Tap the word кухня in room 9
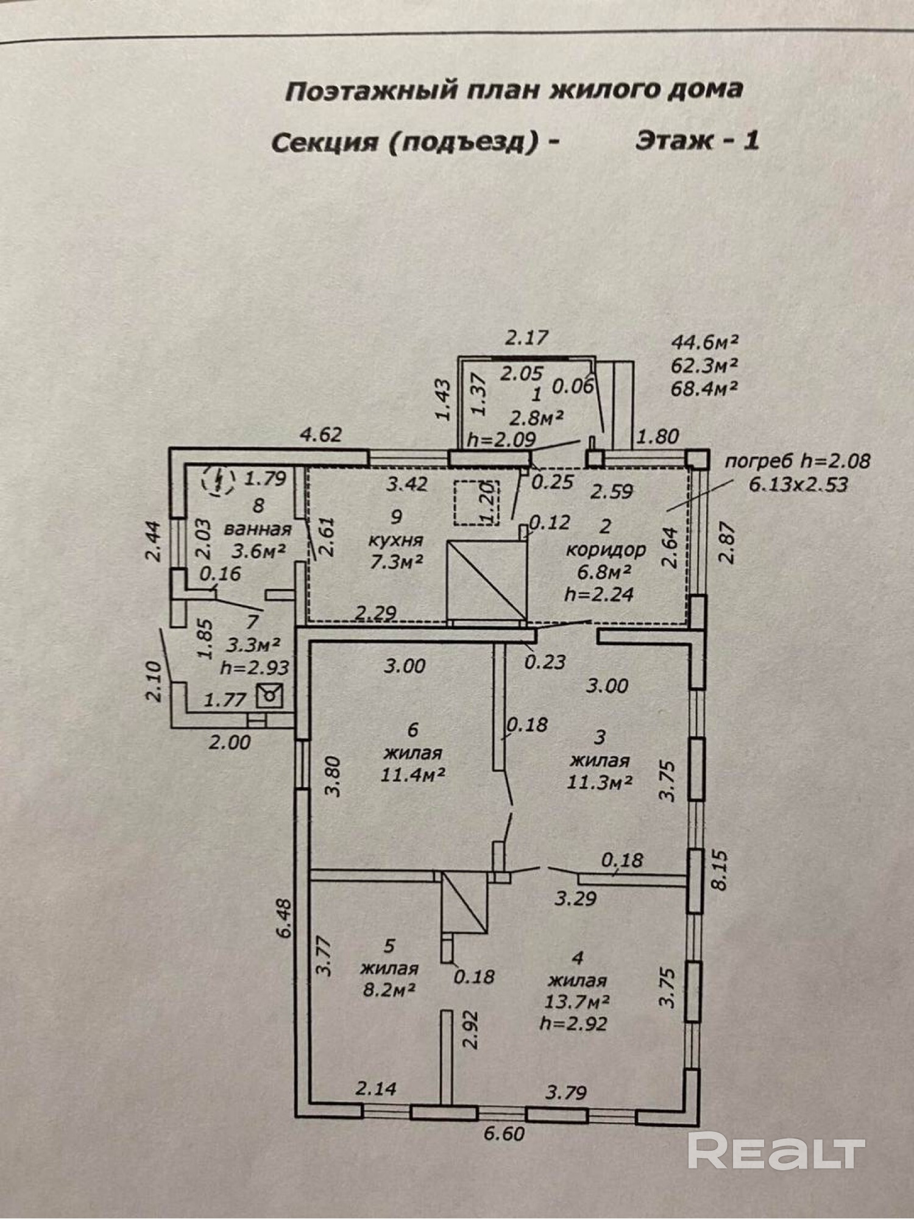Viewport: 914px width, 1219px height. pyautogui.click(x=396, y=540)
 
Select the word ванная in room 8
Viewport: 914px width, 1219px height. pyautogui.click(x=257, y=528)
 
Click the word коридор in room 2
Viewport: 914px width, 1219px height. pyautogui.click(x=606, y=549)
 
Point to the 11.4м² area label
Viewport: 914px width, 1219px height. pyautogui.click(x=412, y=775)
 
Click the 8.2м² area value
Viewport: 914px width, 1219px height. pyautogui.click(x=389, y=989)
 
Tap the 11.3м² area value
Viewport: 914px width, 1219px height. pyautogui.click(x=599, y=782)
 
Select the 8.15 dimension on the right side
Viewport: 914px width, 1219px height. pyautogui.click(x=720, y=871)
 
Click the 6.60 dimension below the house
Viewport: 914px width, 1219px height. pyautogui.click(x=504, y=1134)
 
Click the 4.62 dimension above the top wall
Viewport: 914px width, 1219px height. pyautogui.click(x=321, y=435)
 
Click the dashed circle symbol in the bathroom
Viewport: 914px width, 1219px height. pyautogui.click(x=218, y=480)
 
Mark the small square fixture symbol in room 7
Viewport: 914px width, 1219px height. pyautogui.click(x=269, y=696)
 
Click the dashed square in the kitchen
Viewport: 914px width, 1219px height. pyautogui.click(x=476, y=503)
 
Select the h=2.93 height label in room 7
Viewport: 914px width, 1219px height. pyautogui.click(x=255, y=667)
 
